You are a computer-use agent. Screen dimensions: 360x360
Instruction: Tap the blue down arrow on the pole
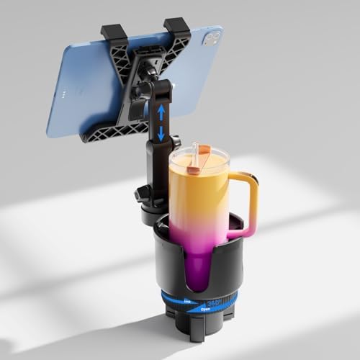click(161, 135)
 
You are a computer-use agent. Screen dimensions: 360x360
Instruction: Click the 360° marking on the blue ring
click(214, 304)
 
